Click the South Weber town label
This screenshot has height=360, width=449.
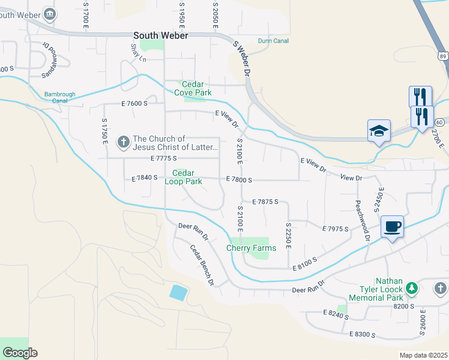[x=161, y=35]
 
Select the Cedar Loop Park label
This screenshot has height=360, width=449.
[x=183, y=177]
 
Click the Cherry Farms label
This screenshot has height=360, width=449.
[x=251, y=248]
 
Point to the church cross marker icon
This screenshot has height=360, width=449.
[x=123, y=142]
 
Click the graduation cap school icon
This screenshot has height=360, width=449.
[x=379, y=131]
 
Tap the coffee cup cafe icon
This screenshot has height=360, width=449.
[x=392, y=227]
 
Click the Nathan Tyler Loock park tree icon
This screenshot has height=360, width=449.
[x=412, y=289]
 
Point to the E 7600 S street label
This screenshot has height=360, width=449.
[x=134, y=103]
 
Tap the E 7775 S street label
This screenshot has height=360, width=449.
[x=163, y=158]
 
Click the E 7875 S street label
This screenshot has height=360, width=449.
[x=265, y=202]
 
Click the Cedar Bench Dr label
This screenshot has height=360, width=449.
[x=202, y=265]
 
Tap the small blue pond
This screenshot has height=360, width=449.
[x=178, y=293]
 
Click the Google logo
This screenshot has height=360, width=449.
[x=20, y=352]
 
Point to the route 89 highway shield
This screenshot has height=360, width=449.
[x=442, y=56]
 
